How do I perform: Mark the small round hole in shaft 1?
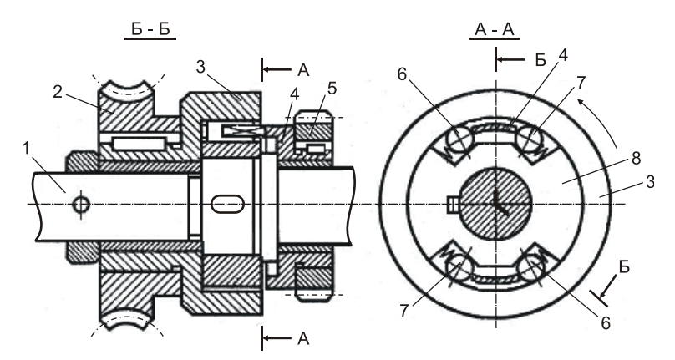[x=81, y=204]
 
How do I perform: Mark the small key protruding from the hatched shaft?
[x=452, y=202]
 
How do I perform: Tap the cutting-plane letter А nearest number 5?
[x=303, y=70]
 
